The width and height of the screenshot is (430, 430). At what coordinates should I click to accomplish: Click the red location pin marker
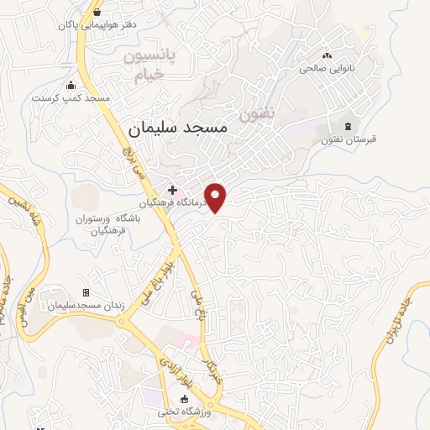[217, 196]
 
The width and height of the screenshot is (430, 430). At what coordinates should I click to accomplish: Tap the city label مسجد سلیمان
[179, 127]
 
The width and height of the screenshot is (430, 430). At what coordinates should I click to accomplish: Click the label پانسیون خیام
[153, 66]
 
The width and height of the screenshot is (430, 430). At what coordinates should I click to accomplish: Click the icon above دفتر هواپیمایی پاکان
[98, 13]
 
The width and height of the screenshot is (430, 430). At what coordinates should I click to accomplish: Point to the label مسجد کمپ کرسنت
[71, 97]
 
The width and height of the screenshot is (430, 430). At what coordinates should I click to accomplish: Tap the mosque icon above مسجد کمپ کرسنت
[71, 85]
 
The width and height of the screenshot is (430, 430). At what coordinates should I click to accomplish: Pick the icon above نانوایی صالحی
[325, 55]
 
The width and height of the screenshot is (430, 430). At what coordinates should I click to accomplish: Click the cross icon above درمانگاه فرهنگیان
[172, 191]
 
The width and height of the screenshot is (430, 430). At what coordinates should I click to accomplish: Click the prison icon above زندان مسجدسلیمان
[86, 292]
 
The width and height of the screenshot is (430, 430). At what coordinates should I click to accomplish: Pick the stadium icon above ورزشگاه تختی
[184, 399]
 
